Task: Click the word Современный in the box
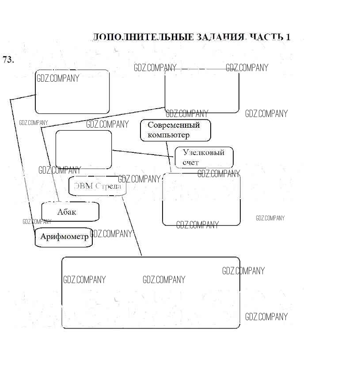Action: (x=174, y=125)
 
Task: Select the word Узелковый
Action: (x=203, y=153)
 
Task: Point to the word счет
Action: (x=190, y=163)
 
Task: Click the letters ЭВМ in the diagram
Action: (x=83, y=186)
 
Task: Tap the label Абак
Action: (x=67, y=212)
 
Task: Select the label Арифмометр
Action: (x=64, y=236)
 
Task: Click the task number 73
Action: (x=8, y=60)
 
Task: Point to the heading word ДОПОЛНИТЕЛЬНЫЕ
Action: (x=144, y=37)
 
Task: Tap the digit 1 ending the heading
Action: (x=288, y=37)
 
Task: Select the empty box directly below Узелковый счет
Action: (x=201, y=201)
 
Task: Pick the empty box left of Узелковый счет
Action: (x=83, y=149)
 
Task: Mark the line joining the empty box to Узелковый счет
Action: (x=143, y=153)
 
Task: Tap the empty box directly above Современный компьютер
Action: (x=201, y=91)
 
